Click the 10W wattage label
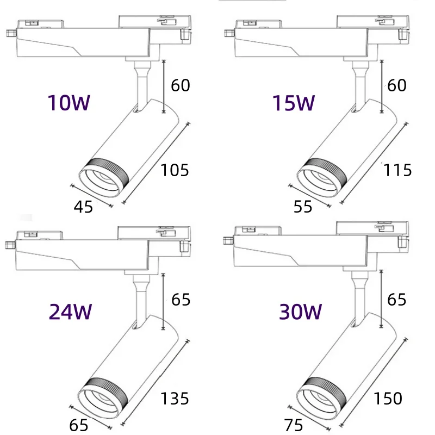69,103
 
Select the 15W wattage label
294,103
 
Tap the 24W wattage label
70,312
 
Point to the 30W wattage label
301,312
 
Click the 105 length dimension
175,170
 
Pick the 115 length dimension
397,170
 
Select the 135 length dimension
175,399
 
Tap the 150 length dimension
388,399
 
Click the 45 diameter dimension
83,207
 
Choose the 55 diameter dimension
303,207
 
